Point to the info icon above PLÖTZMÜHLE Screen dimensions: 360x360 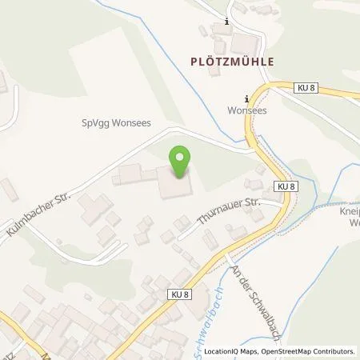(226, 22)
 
